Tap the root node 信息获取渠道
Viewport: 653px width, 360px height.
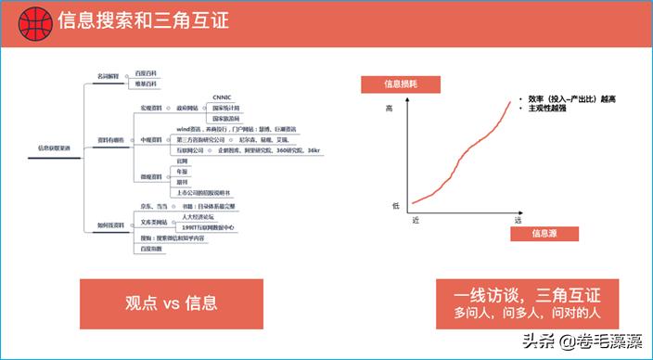click(53, 148)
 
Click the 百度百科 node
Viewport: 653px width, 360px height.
click(147, 72)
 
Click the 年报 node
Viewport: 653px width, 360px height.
click(185, 171)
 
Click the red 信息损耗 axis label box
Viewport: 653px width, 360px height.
click(402, 84)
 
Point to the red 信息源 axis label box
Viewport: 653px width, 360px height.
click(544, 234)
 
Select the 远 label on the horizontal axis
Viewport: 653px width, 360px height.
click(518, 220)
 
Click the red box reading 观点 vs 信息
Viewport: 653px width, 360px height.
click(171, 302)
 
